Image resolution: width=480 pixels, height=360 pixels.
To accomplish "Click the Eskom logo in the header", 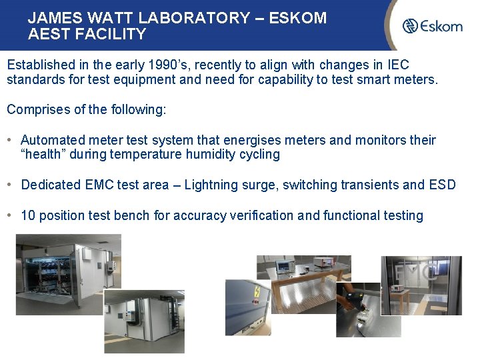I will click(x=432, y=26).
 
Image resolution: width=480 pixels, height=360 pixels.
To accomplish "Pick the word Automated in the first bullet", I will click(x=53, y=140).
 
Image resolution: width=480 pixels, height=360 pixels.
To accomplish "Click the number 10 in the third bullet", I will click(x=28, y=215).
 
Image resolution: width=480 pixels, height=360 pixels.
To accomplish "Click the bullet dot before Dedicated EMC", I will click(x=11, y=185).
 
